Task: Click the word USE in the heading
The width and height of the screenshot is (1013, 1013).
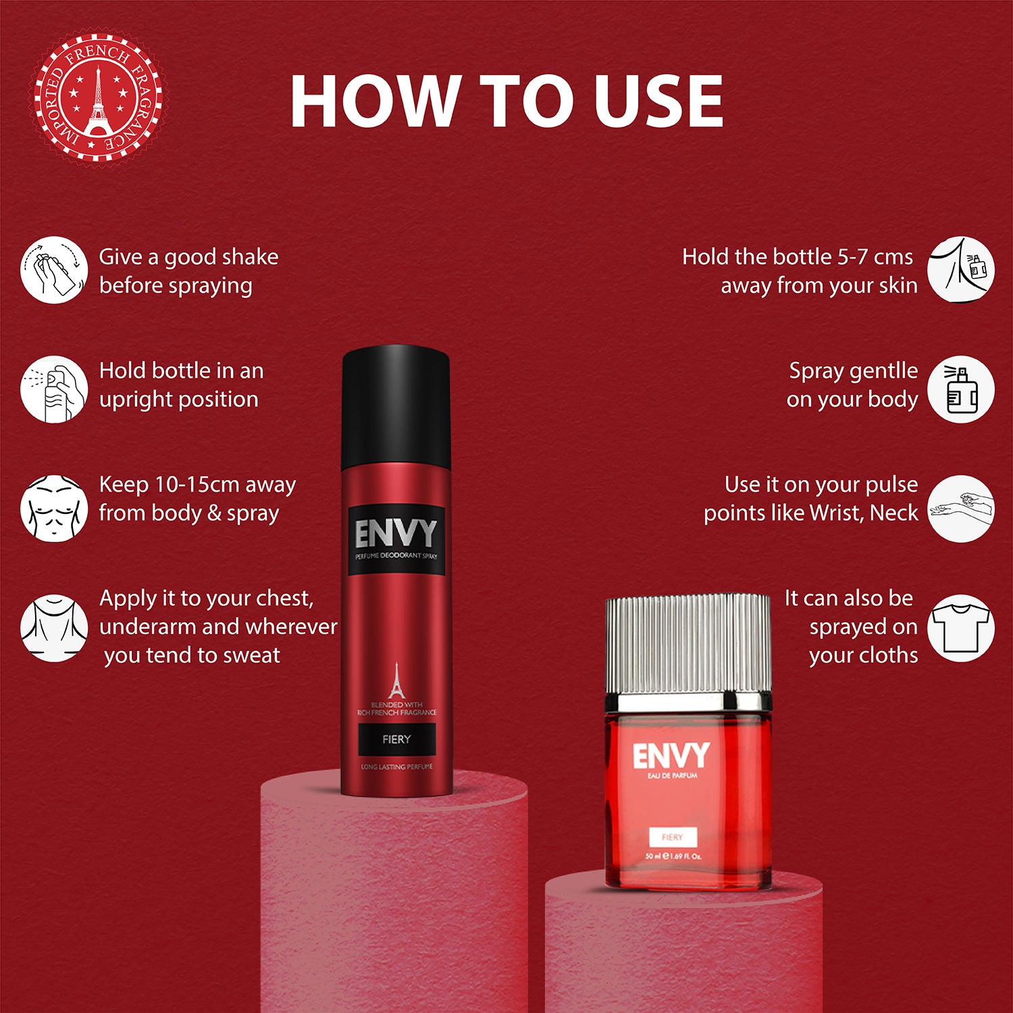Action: tap(658, 101)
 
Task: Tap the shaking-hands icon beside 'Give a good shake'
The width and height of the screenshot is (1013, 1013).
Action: tap(54, 270)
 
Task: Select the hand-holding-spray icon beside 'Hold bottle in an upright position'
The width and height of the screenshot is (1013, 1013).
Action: tap(54, 390)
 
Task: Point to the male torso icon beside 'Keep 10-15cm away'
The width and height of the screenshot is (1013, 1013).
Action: tap(54, 509)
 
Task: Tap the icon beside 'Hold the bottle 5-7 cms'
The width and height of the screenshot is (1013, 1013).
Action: tap(960, 270)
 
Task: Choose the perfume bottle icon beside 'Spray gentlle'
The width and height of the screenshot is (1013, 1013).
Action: tap(960, 390)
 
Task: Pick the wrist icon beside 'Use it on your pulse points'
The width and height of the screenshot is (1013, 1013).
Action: tap(960, 509)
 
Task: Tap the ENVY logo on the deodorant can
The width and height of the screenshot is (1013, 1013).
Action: tap(396, 535)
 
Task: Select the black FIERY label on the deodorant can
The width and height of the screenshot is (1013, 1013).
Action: tap(396, 739)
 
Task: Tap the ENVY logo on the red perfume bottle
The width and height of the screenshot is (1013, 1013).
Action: tap(671, 756)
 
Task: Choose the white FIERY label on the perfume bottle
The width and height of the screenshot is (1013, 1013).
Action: tap(673, 837)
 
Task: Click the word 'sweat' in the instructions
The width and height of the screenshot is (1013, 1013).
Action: tap(251, 656)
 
